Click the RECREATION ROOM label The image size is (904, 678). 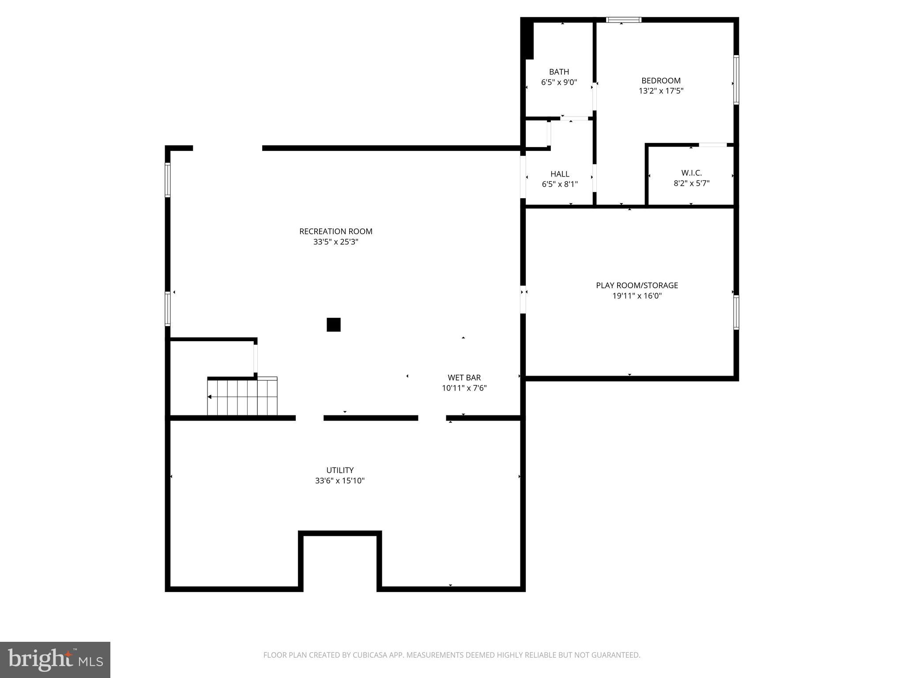coord(335,231)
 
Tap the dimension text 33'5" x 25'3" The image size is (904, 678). coord(335,242)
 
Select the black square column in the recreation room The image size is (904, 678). coord(333,324)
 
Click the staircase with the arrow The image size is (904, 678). coord(242,397)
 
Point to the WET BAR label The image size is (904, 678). coord(464,377)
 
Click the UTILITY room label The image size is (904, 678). coord(340,470)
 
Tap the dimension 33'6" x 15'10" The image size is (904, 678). coord(340,481)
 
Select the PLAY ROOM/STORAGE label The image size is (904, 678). coord(637,285)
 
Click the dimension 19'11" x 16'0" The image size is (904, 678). coord(637,296)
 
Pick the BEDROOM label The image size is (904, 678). coord(661,80)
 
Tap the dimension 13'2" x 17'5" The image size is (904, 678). coord(661,91)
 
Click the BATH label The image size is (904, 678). coord(559,72)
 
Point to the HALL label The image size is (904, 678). coord(560,174)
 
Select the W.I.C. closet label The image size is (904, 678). coord(691,173)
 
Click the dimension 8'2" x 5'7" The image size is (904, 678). coord(691,183)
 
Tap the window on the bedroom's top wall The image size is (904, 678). coord(623,20)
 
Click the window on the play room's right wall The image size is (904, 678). coord(736,313)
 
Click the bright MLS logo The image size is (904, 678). coord(55,659)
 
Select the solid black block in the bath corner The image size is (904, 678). coord(527,39)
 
